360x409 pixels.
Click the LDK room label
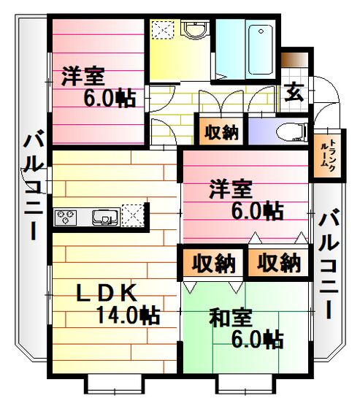click(107, 292)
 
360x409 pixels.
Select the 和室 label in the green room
click(231, 318)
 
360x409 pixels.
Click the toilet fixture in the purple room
click(291, 131)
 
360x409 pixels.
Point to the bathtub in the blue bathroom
click(261, 50)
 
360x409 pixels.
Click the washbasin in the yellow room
click(196, 30)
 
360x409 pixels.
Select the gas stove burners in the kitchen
click(65, 217)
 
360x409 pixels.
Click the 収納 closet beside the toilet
click(221, 132)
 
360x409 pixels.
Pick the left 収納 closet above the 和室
click(213, 263)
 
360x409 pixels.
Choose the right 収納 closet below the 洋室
click(279, 263)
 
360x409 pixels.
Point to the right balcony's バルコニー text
click(329, 264)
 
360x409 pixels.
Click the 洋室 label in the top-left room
click(83, 76)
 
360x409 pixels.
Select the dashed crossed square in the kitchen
click(133, 215)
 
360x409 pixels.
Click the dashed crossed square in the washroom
click(163, 30)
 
